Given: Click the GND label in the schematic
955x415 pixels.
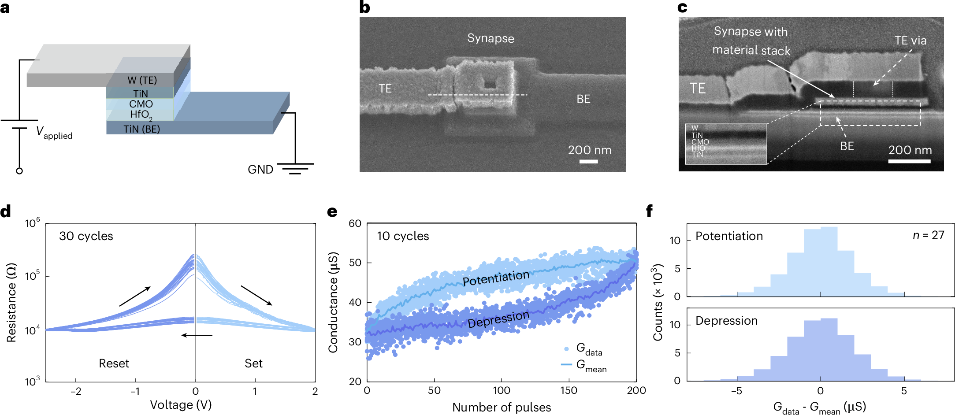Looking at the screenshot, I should point(260,170).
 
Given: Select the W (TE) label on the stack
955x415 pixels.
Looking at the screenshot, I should point(142,80).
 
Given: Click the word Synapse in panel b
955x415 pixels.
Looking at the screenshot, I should point(491,38).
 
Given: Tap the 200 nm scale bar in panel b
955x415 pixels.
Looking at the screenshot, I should point(589,161).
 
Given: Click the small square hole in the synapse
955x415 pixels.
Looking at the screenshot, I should point(489,83).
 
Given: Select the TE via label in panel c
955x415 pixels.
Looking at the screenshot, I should point(910,41).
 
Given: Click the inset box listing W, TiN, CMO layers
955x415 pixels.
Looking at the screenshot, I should point(726,144).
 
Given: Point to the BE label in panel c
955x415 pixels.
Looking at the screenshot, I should point(847,146).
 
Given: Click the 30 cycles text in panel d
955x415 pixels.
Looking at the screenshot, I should point(86,236).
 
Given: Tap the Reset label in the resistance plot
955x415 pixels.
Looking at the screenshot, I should point(114,363).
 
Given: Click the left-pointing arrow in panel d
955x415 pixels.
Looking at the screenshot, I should point(197,335).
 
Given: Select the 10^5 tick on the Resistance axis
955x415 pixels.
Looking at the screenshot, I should point(32,276).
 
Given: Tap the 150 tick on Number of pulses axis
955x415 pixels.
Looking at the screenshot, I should point(569,390).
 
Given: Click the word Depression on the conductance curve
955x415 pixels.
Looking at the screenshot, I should point(498,319).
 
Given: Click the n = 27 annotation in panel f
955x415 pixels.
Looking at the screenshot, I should point(928,235).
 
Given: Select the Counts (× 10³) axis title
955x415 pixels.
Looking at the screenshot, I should point(658,302).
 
